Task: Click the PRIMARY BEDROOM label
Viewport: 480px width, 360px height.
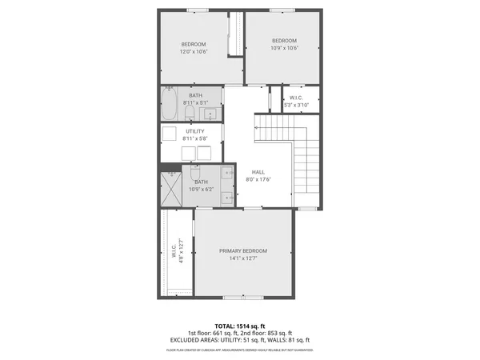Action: coord(243,250)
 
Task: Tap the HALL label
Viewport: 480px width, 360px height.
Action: coord(258,172)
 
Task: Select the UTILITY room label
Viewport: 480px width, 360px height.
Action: coord(194,131)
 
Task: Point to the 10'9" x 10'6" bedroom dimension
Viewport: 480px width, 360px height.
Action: coord(284,48)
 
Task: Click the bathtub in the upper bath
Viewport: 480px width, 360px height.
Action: coord(170,102)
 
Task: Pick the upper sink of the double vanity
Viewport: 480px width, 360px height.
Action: coord(227,174)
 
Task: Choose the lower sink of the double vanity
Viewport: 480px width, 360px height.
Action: coord(227,197)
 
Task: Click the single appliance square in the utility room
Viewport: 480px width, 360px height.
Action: coord(170,133)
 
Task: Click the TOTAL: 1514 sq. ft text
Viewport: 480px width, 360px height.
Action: coord(239,326)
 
